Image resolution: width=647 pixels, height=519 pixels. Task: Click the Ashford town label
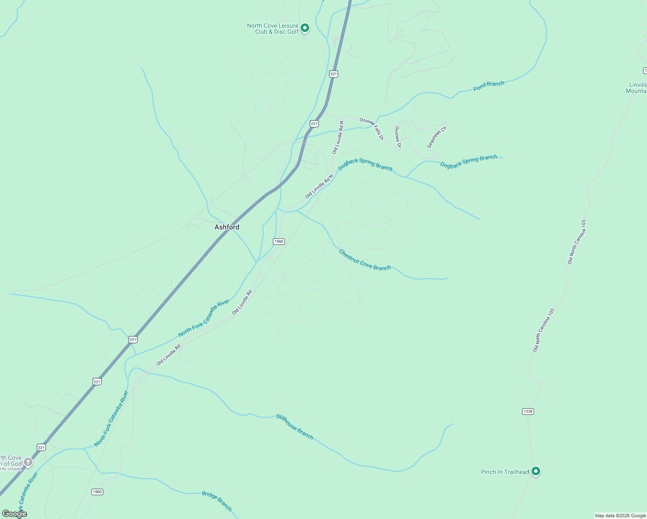(227, 227)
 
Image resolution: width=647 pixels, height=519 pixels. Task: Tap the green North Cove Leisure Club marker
(305, 28)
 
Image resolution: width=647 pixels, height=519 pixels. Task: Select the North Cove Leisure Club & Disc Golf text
(273, 29)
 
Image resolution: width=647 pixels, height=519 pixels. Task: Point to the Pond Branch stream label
(489, 86)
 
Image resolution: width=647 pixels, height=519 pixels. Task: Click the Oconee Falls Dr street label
(372, 128)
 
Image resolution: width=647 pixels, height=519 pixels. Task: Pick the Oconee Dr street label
(398, 137)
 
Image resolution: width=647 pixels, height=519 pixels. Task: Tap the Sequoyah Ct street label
(436, 137)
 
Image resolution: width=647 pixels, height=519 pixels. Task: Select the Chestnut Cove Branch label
(365, 260)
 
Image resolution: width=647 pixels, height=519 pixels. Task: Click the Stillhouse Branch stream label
(295, 426)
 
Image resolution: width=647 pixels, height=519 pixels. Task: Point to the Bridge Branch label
(217, 501)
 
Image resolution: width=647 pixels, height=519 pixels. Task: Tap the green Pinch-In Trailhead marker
(536, 471)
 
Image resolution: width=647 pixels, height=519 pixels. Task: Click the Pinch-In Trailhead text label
(505, 472)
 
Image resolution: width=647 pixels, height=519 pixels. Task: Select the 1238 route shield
(528, 411)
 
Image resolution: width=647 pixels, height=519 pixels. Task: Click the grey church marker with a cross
(28, 462)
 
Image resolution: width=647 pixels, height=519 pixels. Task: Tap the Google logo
(14, 514)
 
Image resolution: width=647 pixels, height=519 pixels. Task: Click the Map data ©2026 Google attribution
(620, 516)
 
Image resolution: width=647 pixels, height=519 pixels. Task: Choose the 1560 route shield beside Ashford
(279, 241)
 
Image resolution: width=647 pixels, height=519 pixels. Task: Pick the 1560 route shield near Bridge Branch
(97, 492)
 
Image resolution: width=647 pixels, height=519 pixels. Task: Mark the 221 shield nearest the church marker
(41, 447)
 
